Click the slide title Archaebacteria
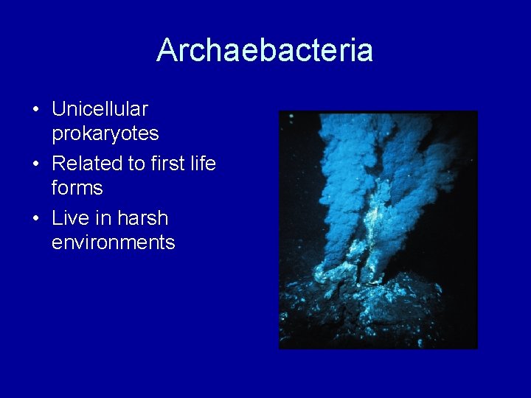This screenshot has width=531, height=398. tap(265, 50)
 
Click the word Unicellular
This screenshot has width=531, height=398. tap(100, 109)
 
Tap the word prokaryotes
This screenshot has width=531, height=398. tap(105, 133)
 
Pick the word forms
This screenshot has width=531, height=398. tap(77, 188)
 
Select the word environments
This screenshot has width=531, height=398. tap(113, 242)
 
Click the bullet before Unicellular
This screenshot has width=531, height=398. tap(35, 110)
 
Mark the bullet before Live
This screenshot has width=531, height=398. tap(35, 219)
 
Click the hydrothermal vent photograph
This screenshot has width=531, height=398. tap(378, 229)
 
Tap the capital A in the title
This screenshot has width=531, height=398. tap(166, 50)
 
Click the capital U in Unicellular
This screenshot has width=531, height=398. tap(58, 109)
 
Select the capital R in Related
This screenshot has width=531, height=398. tap(58, 164)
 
